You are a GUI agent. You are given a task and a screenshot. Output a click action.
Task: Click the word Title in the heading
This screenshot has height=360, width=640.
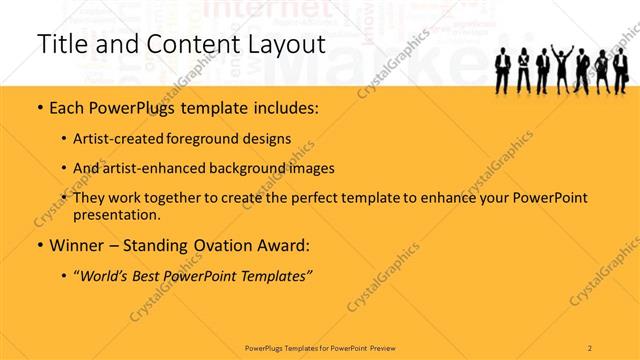61,45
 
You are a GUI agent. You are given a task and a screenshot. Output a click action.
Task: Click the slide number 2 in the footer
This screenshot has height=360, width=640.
590,346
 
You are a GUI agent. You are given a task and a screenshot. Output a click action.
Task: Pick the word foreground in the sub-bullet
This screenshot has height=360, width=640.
215,139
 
